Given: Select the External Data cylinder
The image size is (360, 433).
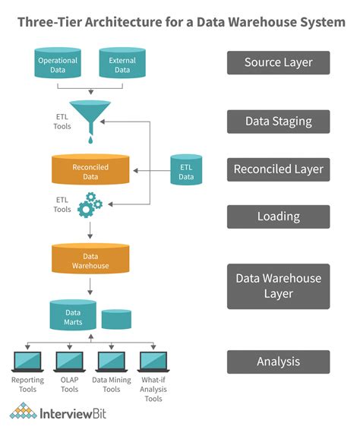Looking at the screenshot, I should tap(122, 63).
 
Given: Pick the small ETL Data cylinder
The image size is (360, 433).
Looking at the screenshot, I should tap(186, 172).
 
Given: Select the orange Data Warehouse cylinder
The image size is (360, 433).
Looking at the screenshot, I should tap(90, 261).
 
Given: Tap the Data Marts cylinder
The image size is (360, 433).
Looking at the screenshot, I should tap(73, 316).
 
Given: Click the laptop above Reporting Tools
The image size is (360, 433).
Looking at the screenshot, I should tap(28, 361).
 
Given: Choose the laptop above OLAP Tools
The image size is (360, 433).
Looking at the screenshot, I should tap(69, 361).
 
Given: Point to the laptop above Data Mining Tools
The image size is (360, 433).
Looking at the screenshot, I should tap(111, 361).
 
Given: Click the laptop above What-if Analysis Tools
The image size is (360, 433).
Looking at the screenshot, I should tap(153, 361).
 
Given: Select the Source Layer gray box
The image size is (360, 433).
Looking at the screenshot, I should tap(278, 62).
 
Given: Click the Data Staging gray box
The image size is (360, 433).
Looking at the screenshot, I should tap(278, 121).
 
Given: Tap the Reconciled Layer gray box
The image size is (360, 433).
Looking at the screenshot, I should tap(278, 169).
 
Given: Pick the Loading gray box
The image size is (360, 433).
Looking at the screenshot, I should tap(278, 216).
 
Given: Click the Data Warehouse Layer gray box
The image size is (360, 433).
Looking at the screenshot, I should tap(278, 286).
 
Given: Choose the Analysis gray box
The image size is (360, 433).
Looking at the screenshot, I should tap(278, 362).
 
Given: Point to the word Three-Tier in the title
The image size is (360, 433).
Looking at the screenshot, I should tap(48, 22).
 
